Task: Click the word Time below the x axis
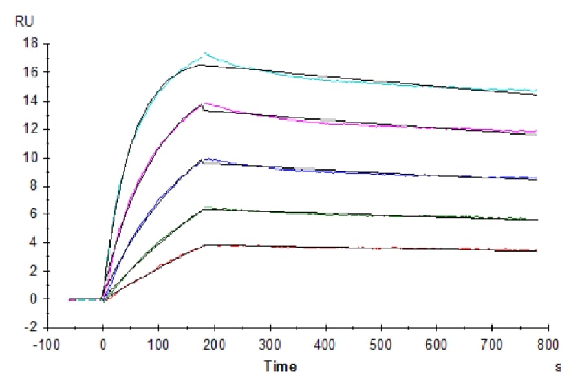point(280,367)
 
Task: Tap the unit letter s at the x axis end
point(559,367)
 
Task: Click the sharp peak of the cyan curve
point(205,53)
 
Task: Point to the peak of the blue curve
point(206,158)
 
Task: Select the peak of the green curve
point(206,208)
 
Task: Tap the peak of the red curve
point(206,245)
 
